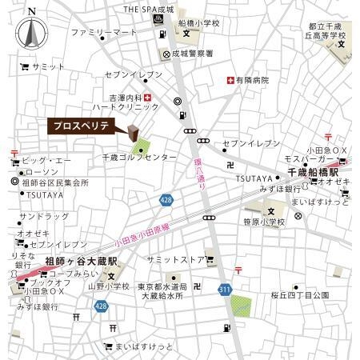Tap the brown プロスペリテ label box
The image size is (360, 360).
pos(84,126)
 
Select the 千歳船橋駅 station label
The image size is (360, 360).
pos(313,172)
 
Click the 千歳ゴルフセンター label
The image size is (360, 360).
pos(139,158)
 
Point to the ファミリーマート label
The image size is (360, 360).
pos(104,33)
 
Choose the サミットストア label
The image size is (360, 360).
pos(175,259)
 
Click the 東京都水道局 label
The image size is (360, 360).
pos(162,286)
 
